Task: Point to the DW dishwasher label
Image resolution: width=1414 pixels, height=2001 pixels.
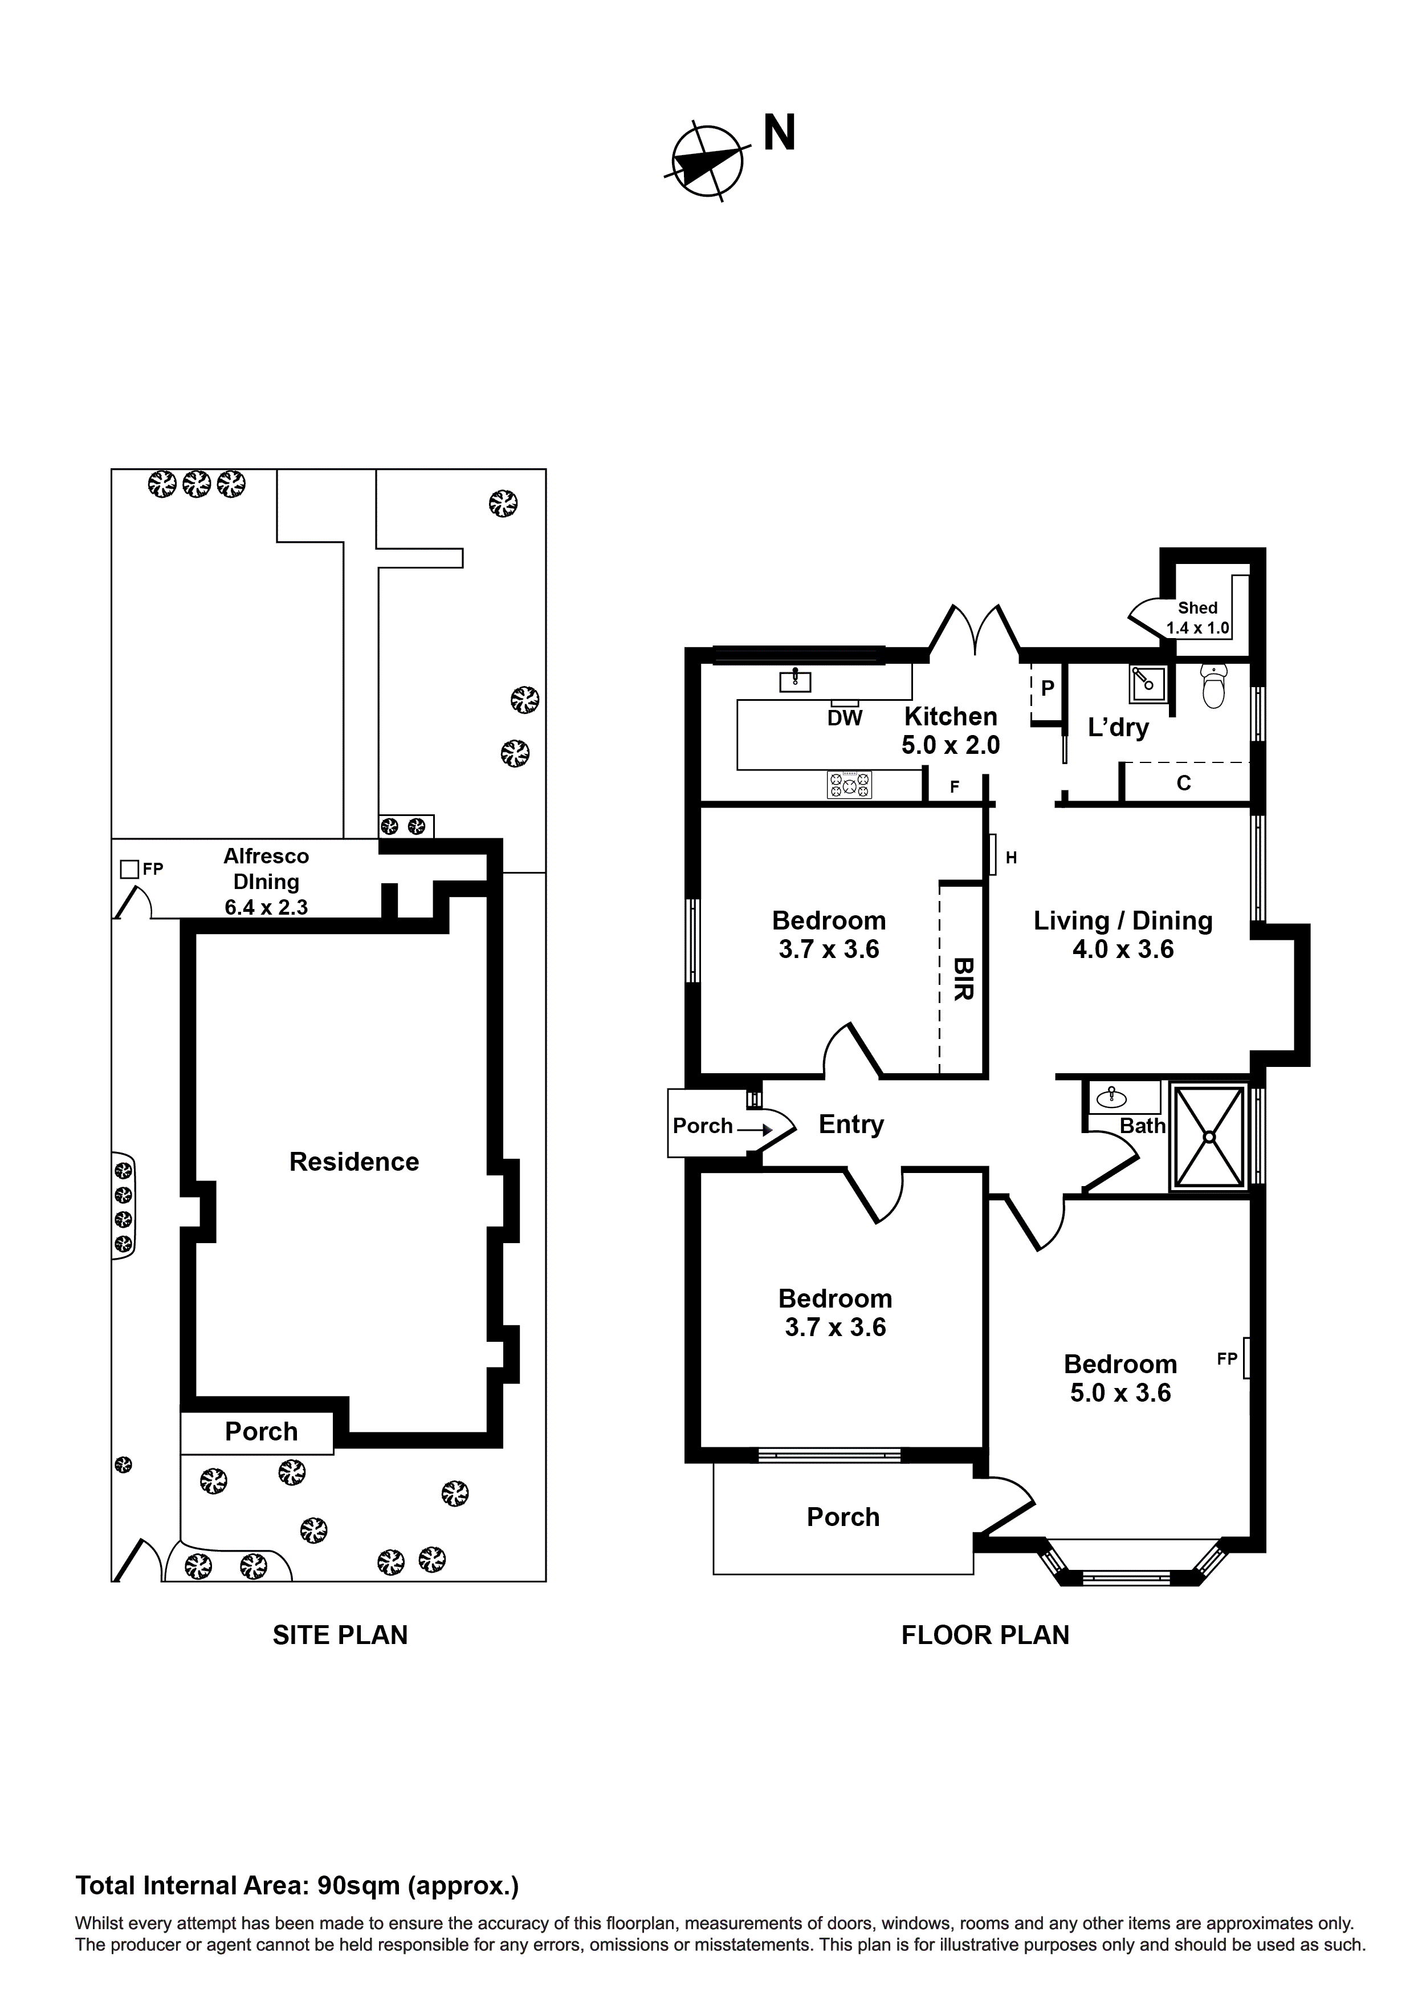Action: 844,718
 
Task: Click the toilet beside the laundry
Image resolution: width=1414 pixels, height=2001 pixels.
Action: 1213,686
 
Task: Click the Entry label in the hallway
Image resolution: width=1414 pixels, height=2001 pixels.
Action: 850,1125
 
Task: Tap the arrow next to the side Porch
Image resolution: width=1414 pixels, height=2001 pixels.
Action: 755,1130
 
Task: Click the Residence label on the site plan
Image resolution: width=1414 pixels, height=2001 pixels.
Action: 354,1162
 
